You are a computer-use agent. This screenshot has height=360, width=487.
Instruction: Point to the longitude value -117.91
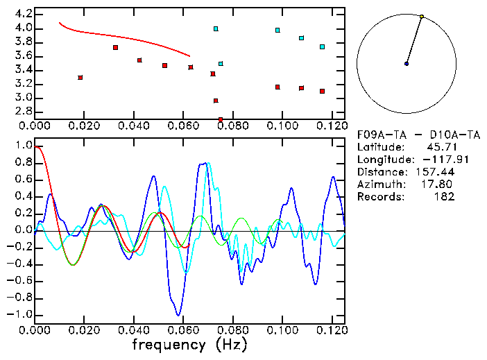[436, 160]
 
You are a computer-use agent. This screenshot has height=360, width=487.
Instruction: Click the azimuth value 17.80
[440, 185]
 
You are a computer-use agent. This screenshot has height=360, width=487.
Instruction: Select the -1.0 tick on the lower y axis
[19, 314]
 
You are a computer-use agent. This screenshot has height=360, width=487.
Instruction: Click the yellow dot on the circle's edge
[421, 17]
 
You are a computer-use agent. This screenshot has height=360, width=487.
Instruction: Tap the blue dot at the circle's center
[407, 64]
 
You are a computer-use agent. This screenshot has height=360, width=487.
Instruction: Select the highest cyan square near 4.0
[216, 29]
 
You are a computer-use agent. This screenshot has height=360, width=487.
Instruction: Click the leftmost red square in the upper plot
[80, 77]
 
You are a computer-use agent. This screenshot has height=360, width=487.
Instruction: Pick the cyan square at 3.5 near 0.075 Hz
[221, 64]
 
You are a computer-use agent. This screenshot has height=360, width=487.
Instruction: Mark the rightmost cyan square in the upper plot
[322, 46]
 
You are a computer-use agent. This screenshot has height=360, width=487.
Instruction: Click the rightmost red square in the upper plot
[322, 91]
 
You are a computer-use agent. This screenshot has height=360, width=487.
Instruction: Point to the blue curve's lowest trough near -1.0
[179, 315]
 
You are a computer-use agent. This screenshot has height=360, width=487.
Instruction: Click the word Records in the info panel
[379, 197]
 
